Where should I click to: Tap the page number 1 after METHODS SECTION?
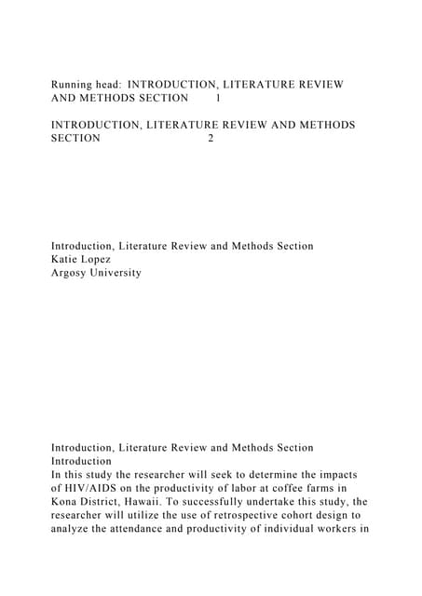click(218, 97)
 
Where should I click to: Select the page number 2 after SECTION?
click(211, 138)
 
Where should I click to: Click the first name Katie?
click(66, 260)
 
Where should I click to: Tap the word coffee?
click(277, 489)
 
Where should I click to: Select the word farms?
click(318, 489)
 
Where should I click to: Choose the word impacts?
click(336, 475)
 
